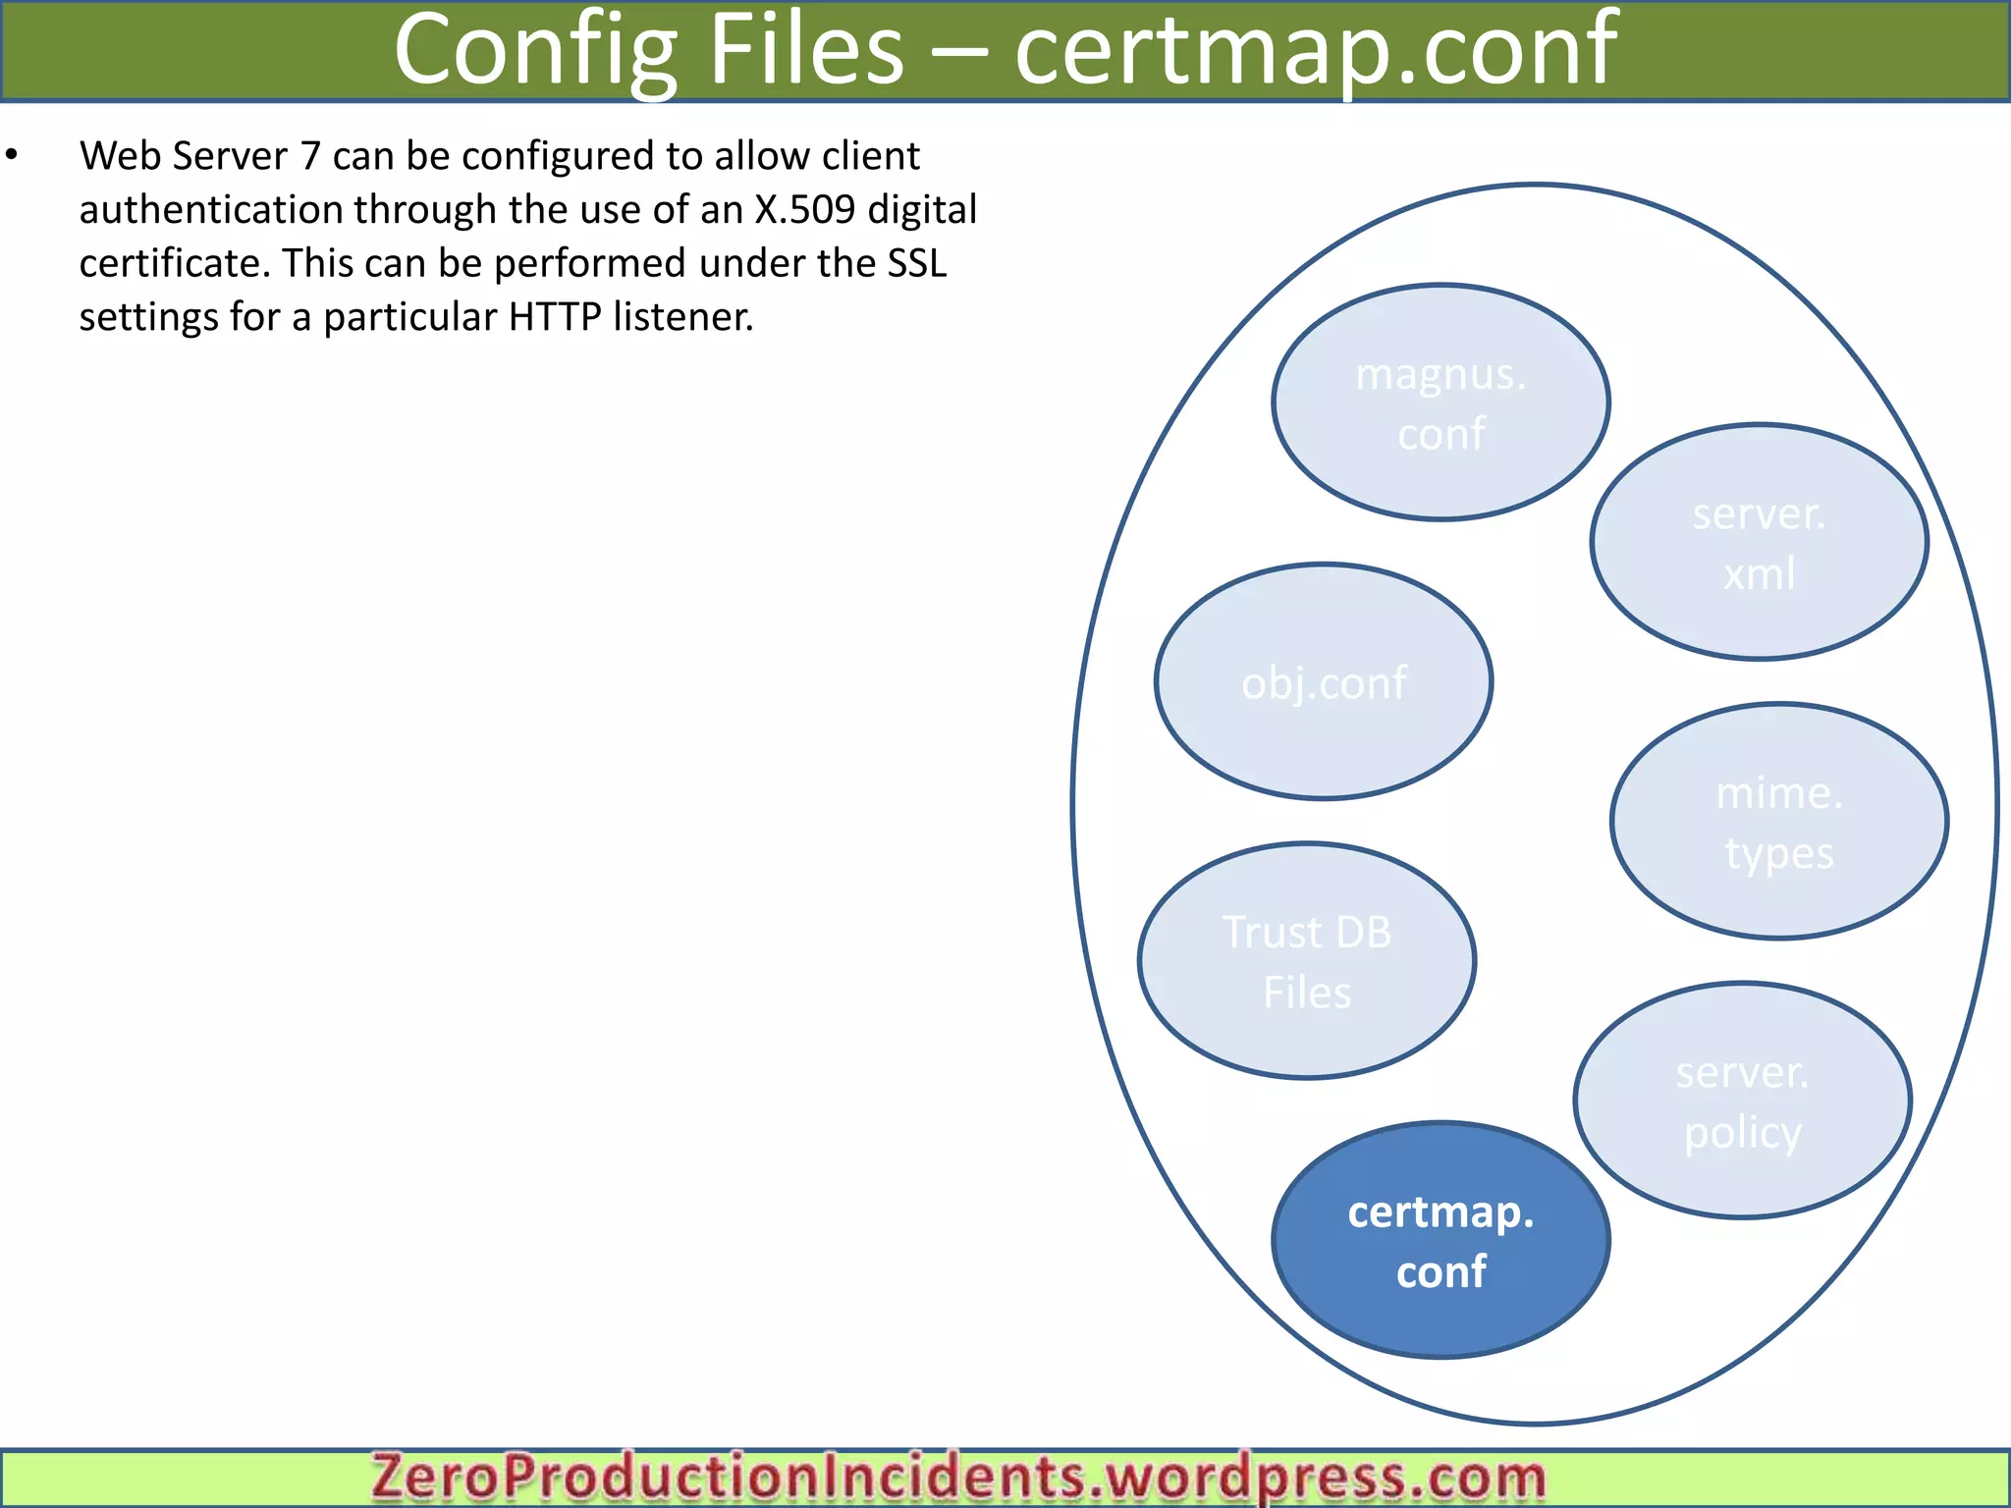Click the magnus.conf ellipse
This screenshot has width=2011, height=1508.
[1440, 403]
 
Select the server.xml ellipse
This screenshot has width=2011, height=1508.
[1759, 542]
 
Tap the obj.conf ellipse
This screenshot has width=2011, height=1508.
[1324, 682]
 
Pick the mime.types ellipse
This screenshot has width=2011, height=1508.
[1778, 822]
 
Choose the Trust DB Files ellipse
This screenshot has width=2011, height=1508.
[1306, 961]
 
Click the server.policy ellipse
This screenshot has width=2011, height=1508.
[1742, 1101]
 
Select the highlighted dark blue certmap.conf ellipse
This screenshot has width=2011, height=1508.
[1440, 1241]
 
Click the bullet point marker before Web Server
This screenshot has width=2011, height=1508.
[12, 155]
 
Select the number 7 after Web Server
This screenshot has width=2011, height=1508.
[310, 156]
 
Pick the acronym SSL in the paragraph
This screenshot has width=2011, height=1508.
[917, 263]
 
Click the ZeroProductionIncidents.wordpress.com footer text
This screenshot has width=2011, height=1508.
[958, 1478]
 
